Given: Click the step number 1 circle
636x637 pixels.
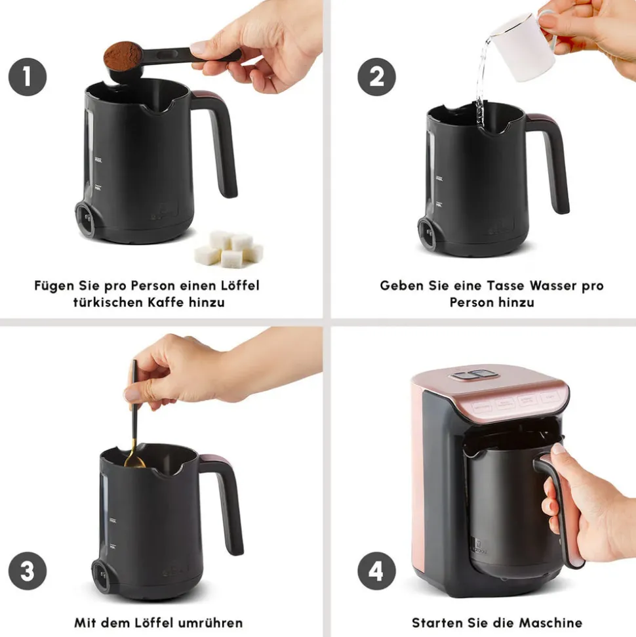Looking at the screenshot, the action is coord(28,77).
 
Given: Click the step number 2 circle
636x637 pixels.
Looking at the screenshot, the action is coord(376,77).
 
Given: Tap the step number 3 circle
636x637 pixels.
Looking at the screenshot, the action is coord(28,571).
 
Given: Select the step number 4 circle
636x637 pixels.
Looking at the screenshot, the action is coord(376,571).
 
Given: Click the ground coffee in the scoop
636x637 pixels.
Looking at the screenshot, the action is coord(123,55).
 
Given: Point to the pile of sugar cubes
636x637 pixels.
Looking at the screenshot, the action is coord(229,249).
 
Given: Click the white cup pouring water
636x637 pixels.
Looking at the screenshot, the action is coord(524,47).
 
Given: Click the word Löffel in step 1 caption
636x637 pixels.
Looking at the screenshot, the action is coord(239,285).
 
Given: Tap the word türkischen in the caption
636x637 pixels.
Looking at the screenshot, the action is coord(108,302).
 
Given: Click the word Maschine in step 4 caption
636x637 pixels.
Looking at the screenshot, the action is coord(550,623).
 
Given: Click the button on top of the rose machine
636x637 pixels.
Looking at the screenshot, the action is coord(474,375).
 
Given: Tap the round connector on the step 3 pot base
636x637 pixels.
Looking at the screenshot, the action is coord(100,576).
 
